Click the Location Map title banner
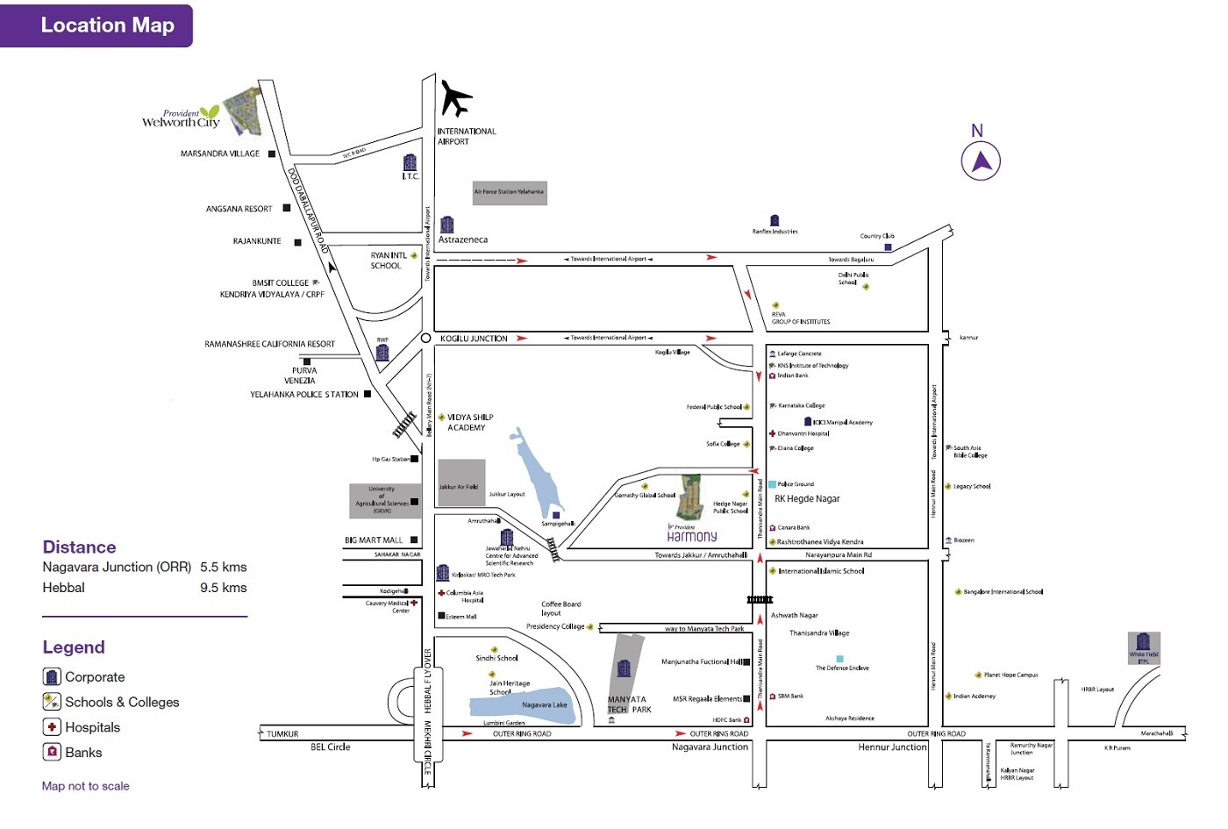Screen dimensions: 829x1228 (x=96, y=25)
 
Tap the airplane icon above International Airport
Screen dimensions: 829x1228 (x=455, y=97)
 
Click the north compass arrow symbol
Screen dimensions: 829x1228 (x=981, y=161)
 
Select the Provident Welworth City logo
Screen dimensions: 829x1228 (x=182, y=118)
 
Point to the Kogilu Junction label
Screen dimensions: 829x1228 (x=474, y=339)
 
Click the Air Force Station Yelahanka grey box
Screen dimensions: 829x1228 (x=509, y=191)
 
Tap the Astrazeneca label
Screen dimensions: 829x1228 (x=462, y=239)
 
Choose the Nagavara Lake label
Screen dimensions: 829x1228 (x=544, y=705)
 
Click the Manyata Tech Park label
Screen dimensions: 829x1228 (x=629, y=704)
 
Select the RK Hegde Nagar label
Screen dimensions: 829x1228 (x=807, y=499)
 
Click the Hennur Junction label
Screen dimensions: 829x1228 (x=891, y=747)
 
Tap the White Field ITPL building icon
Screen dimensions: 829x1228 (x=1143, y=643)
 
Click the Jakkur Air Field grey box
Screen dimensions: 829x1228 (x=460, y=482)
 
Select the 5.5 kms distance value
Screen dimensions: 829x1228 (x=223, y=568)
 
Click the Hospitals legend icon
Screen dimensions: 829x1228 (x=52, y=727)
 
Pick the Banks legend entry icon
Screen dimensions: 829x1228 (x=52, y=753)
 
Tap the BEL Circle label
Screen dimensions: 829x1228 (x=330, y=747)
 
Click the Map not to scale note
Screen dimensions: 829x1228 (x=85, y=786)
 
